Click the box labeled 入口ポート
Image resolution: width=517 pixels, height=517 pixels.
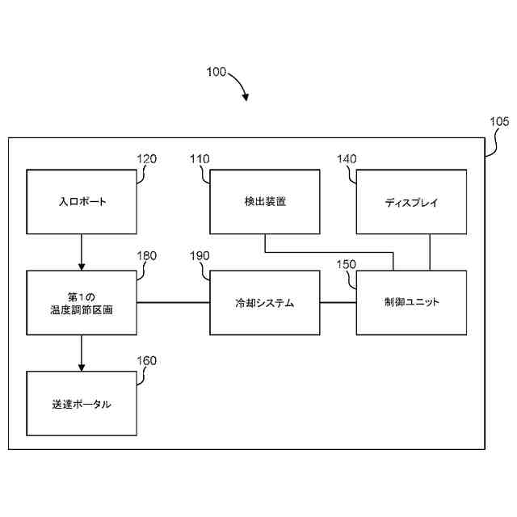82,202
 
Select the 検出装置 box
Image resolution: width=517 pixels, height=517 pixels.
264,202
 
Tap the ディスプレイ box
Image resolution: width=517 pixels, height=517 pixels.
411,202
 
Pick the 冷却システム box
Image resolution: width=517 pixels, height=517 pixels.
264,303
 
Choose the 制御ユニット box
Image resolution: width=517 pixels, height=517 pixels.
411,303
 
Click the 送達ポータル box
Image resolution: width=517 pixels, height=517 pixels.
82,403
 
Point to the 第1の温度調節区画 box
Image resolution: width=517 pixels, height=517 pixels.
82,303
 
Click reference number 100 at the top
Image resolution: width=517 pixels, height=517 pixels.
216,72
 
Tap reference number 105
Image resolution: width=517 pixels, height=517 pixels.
499,123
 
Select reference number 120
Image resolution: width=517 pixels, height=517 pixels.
146,159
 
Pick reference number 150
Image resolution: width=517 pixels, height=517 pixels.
346,263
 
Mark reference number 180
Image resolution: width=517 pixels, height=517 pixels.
146,256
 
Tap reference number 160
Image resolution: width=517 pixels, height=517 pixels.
146,360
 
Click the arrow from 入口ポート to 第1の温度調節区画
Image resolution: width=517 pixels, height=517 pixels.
82,251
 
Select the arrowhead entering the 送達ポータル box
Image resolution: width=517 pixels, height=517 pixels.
82,367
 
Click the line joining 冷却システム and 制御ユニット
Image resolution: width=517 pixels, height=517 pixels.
338,303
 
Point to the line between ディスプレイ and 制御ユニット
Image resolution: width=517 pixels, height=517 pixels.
430,251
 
